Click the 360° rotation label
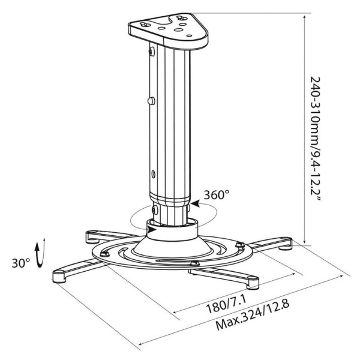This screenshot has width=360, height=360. tap(217, 195)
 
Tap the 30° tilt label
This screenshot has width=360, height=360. tap(21, 263)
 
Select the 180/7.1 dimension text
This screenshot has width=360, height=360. tap(227, 305)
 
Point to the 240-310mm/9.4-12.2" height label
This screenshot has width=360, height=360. tap(315, 139)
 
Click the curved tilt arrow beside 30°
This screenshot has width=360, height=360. tap(40, 253)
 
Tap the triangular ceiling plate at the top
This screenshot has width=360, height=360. tap(168, 31)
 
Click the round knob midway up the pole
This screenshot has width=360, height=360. tap(151, 101)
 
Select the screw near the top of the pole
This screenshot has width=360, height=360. tap(152, 52)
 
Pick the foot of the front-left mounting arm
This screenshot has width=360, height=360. tap(59, 276)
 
